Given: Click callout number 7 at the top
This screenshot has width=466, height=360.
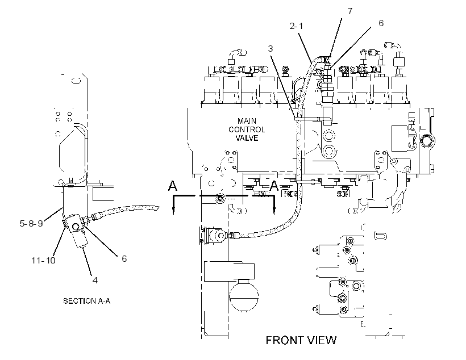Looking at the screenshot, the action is click(350, 11).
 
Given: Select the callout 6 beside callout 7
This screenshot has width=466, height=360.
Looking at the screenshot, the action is click(381, 23).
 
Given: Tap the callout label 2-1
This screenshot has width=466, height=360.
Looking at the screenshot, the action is click(296, 26).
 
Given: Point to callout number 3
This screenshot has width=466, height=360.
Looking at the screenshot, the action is click(270, 48).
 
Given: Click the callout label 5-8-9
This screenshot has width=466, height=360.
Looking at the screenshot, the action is click(31, 223).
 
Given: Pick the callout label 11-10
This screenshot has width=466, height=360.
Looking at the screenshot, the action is click(43, 261).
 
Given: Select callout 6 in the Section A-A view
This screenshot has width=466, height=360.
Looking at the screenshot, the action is click(124, 259).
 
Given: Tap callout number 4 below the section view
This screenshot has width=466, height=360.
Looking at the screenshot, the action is click(95, 280).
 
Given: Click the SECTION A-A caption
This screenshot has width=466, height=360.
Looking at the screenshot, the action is click(87, 301).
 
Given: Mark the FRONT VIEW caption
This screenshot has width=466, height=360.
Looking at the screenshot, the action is click(301, 340).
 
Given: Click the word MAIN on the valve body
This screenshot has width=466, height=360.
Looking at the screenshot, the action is click(247, 121).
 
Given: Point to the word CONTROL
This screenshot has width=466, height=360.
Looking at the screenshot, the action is click(247, 129).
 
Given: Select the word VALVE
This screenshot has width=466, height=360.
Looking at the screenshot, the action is click(247, 138).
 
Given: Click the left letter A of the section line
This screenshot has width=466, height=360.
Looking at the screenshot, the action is click(172, 186).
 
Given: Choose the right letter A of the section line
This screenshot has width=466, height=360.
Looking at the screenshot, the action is click(274, 186).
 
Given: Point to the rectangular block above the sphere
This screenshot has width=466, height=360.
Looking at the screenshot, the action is click(229, 271).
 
